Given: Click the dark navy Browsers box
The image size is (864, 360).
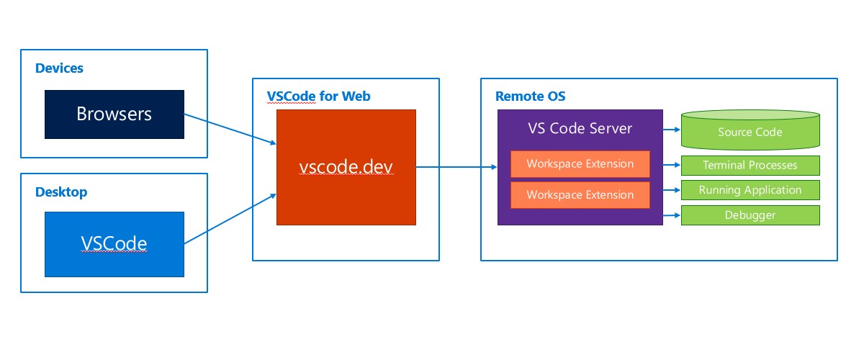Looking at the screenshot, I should coord(114,114).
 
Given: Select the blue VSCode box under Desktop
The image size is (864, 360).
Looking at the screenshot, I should coord(114,243).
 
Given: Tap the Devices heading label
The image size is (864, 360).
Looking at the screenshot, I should coord(59,68).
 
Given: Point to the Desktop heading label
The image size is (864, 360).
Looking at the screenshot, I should coord(60,192).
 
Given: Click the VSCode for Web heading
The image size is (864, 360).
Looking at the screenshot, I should coord(318,96).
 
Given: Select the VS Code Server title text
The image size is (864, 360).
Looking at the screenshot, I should coord(580,129).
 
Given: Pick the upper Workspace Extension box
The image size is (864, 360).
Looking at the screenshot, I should coord(580,164).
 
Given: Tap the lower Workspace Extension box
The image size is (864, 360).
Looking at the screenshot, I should coord(580,195).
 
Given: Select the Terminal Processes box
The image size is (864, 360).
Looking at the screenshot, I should coord(750,166).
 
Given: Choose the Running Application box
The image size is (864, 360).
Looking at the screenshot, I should coord(750,190).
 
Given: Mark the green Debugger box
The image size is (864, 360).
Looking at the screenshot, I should coord(750,215).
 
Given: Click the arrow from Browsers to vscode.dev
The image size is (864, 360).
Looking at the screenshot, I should coord(230,129).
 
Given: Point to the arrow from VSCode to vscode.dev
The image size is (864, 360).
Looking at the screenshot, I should coord(230,217).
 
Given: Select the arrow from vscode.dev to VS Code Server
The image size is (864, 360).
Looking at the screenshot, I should coord(456,167).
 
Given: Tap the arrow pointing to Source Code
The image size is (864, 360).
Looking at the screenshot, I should coord(671,130).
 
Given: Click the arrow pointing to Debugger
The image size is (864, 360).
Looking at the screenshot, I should coord(671,215).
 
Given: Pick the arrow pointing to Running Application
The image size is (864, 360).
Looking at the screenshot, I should coord(671,191).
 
